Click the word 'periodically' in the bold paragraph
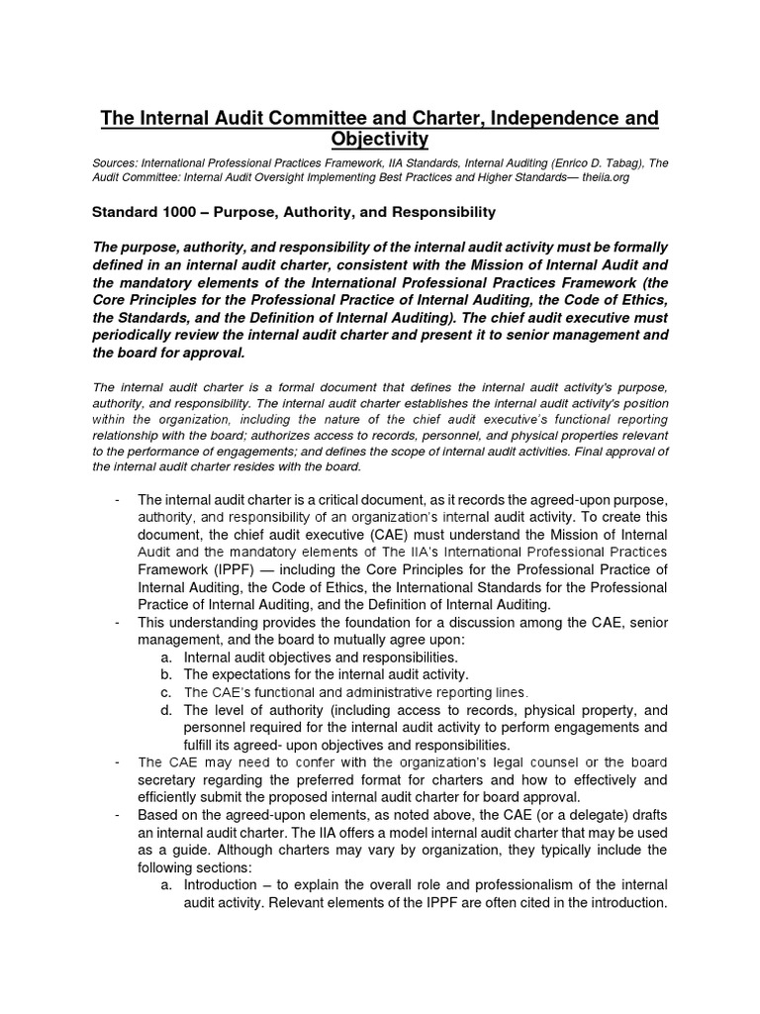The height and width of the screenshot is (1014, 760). pyautogui.click(x=137, y=336)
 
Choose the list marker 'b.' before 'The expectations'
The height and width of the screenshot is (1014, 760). pyautogui.click(x=166, y=674)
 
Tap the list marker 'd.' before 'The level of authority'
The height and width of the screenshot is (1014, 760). pyautogui.click(x=166, y=710)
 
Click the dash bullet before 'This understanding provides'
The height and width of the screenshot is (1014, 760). pyautogui.click(x=118, y=622)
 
